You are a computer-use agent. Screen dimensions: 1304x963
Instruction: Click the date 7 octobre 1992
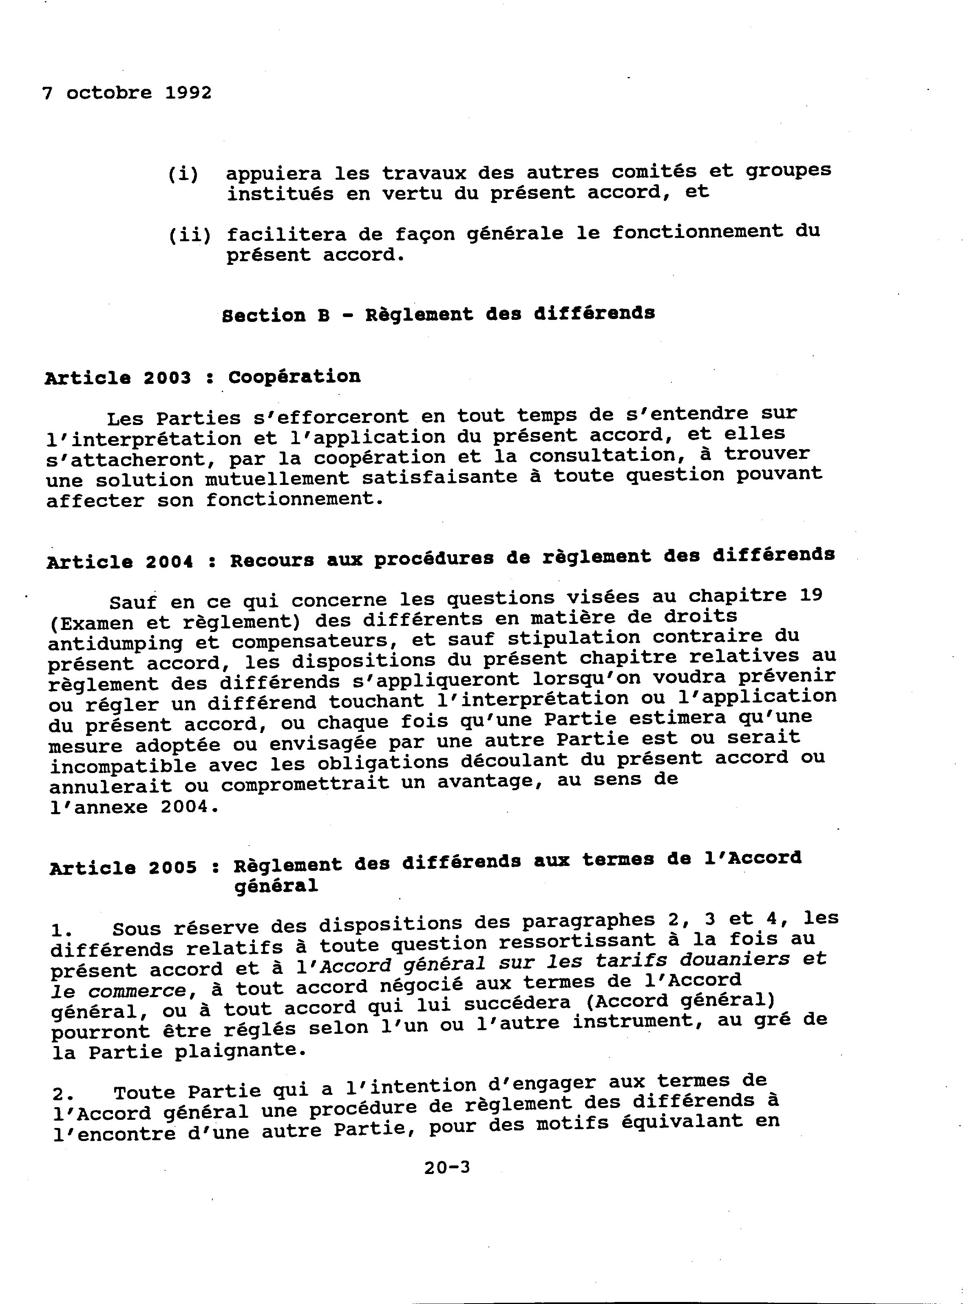click(126, 93)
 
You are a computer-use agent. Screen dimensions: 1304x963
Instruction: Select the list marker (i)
click(183, 174)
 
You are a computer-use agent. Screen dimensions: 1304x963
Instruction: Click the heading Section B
click(275, 315)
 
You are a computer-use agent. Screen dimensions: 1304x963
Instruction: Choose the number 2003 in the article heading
click(167, 378)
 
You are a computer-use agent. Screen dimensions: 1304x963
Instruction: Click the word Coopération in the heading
click(294, 377)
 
